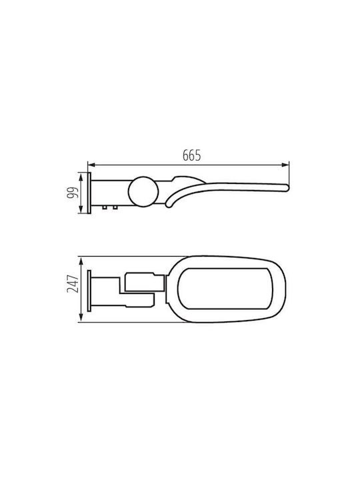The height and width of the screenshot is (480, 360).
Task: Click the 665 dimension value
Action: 191,155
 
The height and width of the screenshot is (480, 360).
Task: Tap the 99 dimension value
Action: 73,193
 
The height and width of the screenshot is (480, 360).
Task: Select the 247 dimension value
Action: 73,283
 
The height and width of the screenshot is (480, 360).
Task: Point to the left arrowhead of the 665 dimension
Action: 91,165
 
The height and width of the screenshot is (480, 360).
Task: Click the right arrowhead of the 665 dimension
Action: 285,165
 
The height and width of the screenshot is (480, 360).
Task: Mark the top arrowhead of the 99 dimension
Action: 81,176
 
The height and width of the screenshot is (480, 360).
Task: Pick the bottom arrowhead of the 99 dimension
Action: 81,209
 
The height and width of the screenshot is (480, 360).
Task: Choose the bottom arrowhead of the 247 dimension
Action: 81,318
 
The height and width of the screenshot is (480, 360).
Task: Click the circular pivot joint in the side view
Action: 143,191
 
